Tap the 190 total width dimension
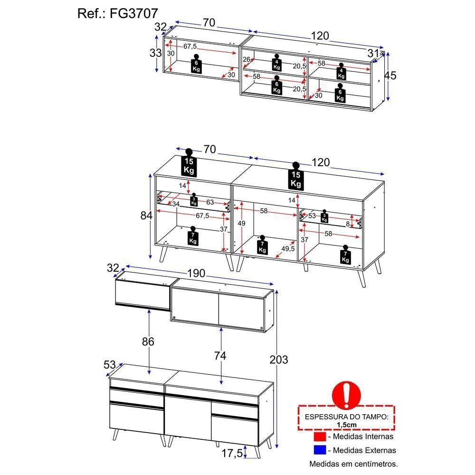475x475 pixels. pos(196,274)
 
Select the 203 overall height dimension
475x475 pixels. pos(279,360)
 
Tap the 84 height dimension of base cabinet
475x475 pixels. pos(146,216)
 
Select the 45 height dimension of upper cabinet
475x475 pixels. pos(390,75)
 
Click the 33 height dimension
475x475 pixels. pos(156,53)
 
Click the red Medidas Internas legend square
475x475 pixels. pos(320,436)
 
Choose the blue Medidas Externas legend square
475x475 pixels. pos(320,450)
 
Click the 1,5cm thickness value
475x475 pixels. pos(346,425)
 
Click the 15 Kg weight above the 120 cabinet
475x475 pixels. pos(296,177)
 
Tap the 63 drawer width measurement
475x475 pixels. pos(209,202)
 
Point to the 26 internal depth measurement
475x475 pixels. pos(246,59)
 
